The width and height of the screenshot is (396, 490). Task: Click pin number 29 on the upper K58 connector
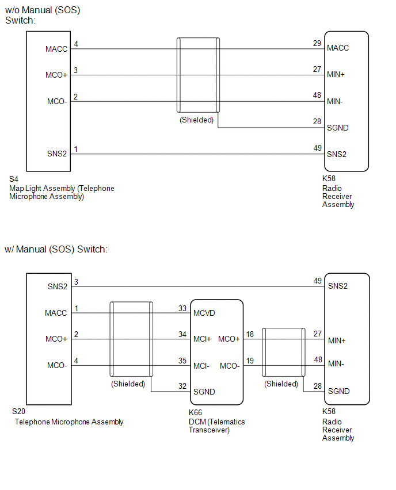click(x=317, y=43)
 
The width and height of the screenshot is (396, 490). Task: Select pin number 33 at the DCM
click(x=182, y=308)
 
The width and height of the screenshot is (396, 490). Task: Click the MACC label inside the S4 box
click(x=56, y=49)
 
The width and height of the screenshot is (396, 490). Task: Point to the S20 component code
click(x=18, y=412)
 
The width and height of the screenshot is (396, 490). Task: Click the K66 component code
click(x=195, y=412)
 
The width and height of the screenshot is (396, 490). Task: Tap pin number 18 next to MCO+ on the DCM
click(x=250, y=334)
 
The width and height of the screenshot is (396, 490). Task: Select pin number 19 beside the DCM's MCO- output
click(x=250, y=361)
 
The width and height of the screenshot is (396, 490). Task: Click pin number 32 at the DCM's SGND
click(x=182, y=386)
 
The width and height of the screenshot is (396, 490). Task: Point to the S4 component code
click(x=14, y=179)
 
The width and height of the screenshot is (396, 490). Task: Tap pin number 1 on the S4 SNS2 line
click(x=76, y=149)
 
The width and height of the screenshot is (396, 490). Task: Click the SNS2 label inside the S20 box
click(x=58, y=286)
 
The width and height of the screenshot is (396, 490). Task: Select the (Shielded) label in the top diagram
click(x=196, y=120)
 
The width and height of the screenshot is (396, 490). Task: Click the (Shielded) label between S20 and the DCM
click(x=128, y=384)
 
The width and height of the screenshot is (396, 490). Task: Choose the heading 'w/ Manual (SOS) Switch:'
click(x=56, y=250)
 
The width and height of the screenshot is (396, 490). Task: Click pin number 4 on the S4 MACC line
click(x=76, y=44)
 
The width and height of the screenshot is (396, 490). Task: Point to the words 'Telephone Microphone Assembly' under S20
click(x=69, y=422)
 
